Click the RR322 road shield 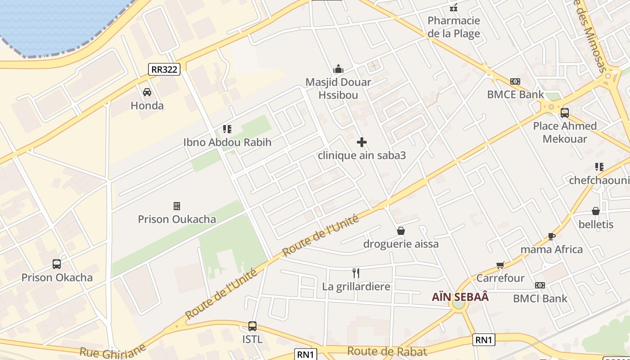[x=164, y=69]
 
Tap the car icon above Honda [x=147, y=92]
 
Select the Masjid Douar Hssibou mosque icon [x=338, y=69]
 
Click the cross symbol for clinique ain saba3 [x=361, y=143]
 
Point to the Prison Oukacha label [x=177, y=219]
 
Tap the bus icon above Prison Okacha [x=57, y=264]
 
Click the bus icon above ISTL [x=252, y=326]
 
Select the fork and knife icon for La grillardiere [x=356, y=273]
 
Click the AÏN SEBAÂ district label [x=460, y=297]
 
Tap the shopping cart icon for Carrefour [x=500, y=265]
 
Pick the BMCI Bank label [x=540, y=298]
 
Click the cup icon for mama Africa [x=551, y=236]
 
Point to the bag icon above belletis [x=596, y=211]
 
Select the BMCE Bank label [x=515, y=94]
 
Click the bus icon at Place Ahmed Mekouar [x=564, y=112]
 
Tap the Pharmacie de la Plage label [x=454, y=27]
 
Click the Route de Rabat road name [x=387, y=351]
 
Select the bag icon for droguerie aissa [x=401, y=231]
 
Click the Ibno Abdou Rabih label [x=227, y=143]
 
